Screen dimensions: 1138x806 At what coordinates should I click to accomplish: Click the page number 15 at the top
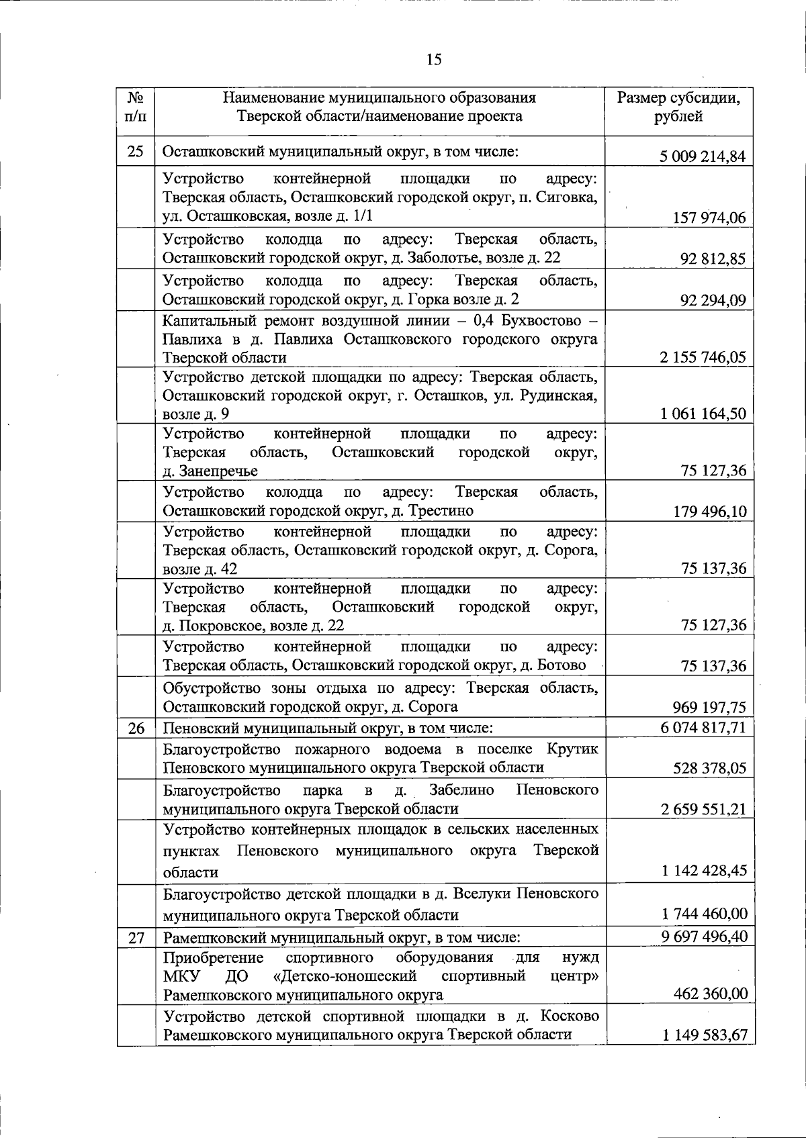point(434,60)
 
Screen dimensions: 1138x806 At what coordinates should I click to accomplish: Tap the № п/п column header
point(135,107)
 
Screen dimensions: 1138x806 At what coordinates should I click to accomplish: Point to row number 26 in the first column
point(136,728)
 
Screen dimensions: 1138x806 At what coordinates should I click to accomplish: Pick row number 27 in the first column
point(136,937)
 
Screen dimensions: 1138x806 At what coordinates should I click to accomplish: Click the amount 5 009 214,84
point(703,157)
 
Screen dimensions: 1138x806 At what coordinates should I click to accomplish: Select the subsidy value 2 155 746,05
point(703,357)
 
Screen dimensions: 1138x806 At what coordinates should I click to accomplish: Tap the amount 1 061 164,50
point(703,414)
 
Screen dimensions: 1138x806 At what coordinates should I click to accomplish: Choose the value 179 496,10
point(709,512)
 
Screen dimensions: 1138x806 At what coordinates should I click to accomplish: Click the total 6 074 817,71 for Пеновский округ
point(703,727)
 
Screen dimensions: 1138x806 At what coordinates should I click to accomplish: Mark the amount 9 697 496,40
point(703,936)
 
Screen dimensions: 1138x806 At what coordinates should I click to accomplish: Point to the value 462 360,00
point(711,994)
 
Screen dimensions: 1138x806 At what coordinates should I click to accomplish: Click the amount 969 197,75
point(709,707)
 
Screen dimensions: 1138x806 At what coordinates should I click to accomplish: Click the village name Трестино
point(441,511)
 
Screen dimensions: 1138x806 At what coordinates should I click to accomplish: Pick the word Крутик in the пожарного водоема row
point(572,749)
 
